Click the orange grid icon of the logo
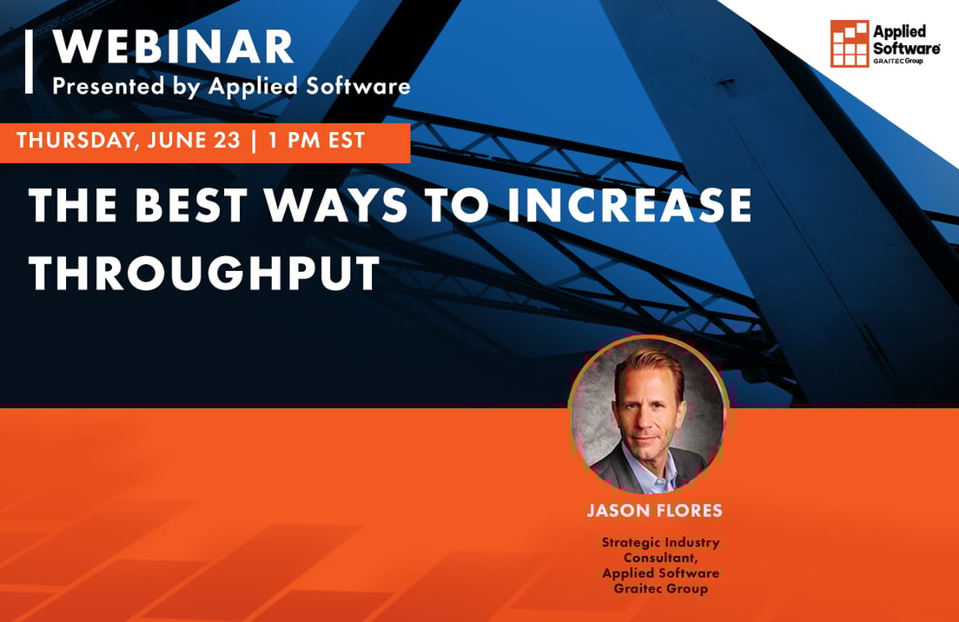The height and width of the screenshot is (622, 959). click(x=849, y=43)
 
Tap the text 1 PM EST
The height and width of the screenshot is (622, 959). click(x=316, y=142)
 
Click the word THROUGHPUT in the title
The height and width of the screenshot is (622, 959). click(x=204, y=272)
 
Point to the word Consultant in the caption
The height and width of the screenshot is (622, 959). click(x=654, y=558)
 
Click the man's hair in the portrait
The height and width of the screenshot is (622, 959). click(x=646, y=362)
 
